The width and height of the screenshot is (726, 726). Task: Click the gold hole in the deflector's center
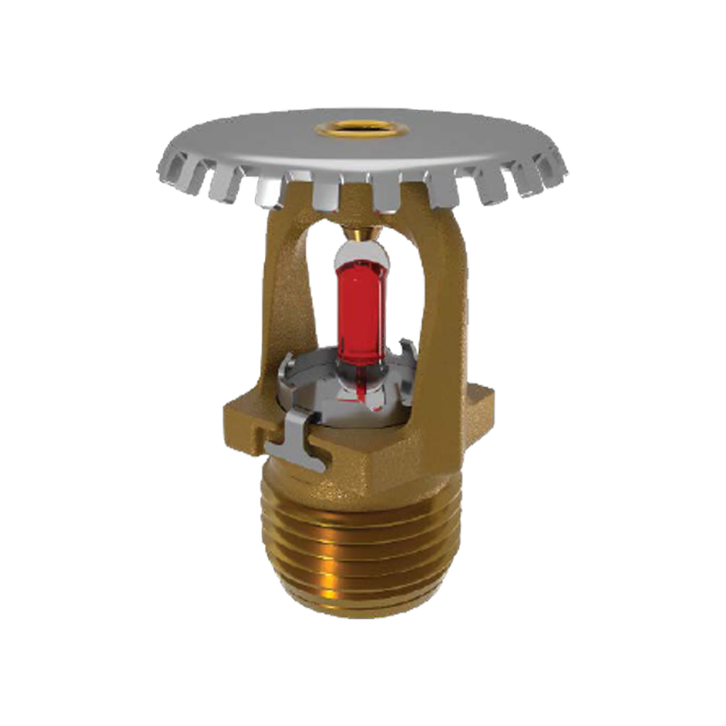[x=340, y=130]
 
